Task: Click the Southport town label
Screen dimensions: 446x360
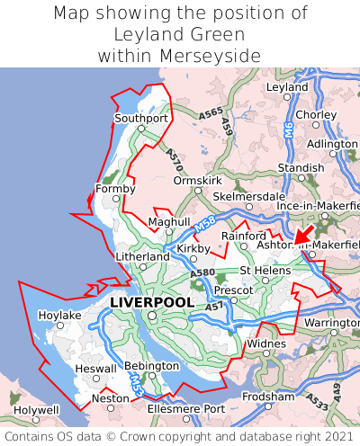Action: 141,118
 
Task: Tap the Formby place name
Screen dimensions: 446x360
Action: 115,189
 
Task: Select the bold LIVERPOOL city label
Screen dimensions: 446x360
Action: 151,303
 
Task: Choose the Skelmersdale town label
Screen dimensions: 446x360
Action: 247,196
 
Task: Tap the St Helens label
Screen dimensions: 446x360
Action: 263,271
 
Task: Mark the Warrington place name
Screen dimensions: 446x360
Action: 332,323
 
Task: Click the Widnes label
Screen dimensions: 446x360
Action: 266,343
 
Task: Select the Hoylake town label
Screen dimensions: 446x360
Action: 59,316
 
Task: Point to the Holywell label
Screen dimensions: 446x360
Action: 37,409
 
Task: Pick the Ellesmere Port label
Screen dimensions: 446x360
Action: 186,409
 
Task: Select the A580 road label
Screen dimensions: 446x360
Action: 202,272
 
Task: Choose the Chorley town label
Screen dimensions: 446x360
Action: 316,115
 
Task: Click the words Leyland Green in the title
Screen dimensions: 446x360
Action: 180,34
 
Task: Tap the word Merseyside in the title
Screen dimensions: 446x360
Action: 212,56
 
